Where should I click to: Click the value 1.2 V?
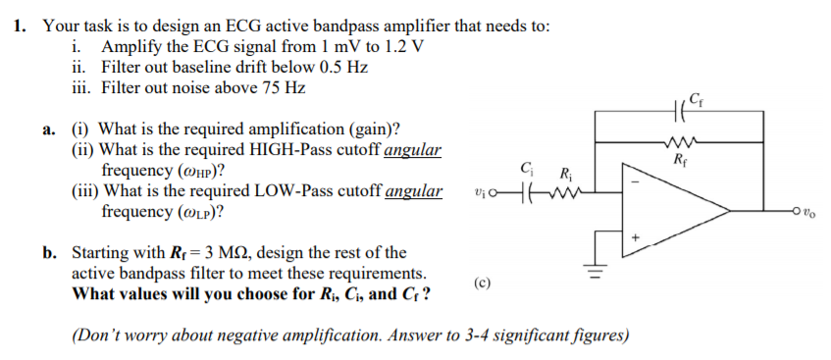(405, 47)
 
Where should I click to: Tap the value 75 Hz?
(284, 88)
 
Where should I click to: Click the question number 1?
(21, 26)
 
